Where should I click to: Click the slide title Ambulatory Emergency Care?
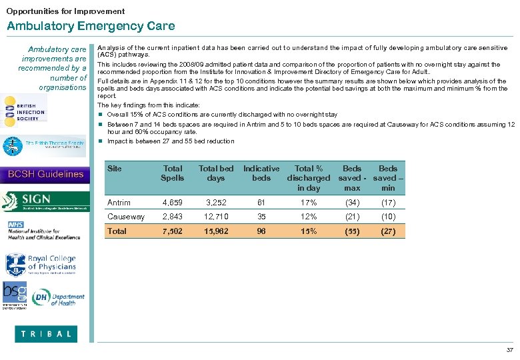point(91,26)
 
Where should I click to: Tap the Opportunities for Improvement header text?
point(65,11)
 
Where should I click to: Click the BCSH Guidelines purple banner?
point(45,174)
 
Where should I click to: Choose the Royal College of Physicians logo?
point(41,264)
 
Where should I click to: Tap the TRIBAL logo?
point(45,334)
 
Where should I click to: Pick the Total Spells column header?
point(172,173)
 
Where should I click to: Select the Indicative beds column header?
point(261,173)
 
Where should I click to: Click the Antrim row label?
point(119,203)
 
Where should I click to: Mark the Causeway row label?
point(126,217)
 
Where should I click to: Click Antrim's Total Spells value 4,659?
point(172,203)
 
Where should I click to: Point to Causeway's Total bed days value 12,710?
point(216,217)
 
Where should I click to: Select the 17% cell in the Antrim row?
point(308,203)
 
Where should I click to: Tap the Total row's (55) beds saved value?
point(352,231)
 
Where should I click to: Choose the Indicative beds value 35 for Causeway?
point(261,217)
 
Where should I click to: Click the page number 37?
point(510,350)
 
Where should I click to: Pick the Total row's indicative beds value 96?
point(261,231)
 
